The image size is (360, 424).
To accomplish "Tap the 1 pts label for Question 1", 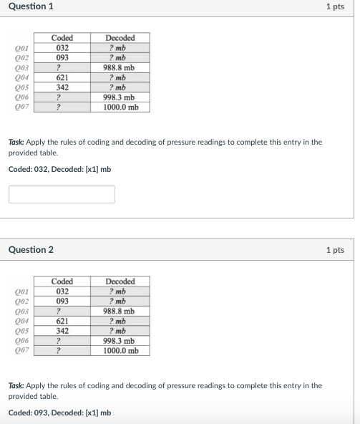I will [x=335, y=6].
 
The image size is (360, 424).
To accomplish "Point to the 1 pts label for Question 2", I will [x=335, y=250].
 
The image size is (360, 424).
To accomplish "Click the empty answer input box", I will [x=62, y=194].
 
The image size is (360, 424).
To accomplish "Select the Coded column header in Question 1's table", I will [x=62, y=38].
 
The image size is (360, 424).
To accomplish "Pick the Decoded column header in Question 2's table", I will [x=119, y=281].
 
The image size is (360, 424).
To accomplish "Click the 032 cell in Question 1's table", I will [x=62, y=48].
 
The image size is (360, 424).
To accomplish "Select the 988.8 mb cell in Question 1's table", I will [x=119, y=68].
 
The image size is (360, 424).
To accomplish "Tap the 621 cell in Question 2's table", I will [x=62, y=322].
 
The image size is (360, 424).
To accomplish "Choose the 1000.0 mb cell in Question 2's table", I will [x=119, y=351].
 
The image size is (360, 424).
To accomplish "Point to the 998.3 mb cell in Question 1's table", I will [x=119, y=97].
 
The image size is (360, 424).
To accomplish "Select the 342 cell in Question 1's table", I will [x=62, y=87].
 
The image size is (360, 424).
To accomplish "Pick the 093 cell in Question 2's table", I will [x=62, y=302].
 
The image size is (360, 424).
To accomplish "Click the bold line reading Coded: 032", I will [x=59, y=169].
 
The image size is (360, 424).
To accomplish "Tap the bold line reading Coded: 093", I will [x=59, y=413].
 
